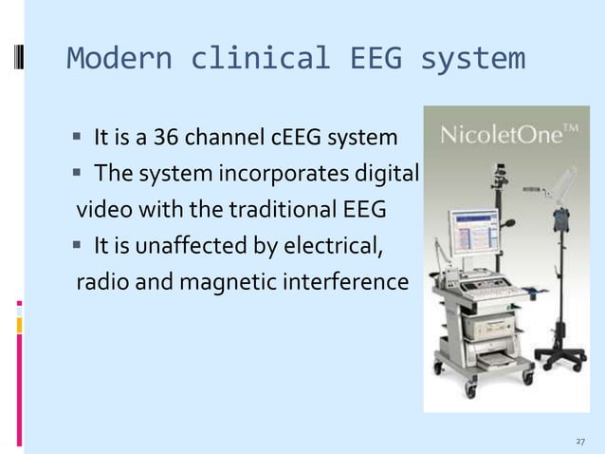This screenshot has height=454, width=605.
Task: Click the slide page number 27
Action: tap(580, 442)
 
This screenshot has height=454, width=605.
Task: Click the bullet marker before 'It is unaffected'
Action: tap(80, 250)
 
